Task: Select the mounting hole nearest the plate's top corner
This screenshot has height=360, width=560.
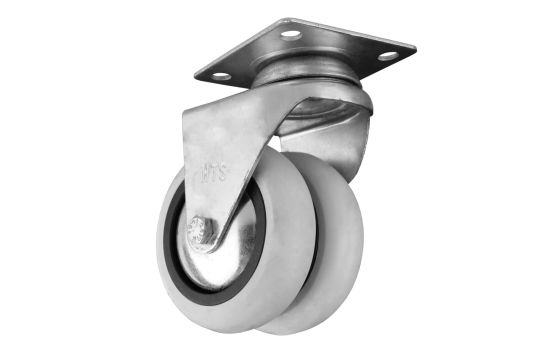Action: pos(291,33)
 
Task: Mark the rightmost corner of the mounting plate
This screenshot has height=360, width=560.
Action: pos(416,47)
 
